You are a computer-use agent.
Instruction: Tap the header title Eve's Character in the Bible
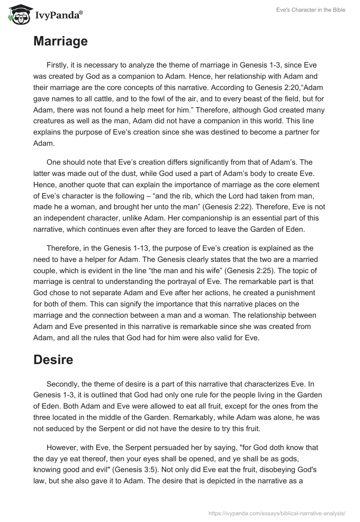tap(310, 10)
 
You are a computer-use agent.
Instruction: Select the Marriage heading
tap(60, 41)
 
